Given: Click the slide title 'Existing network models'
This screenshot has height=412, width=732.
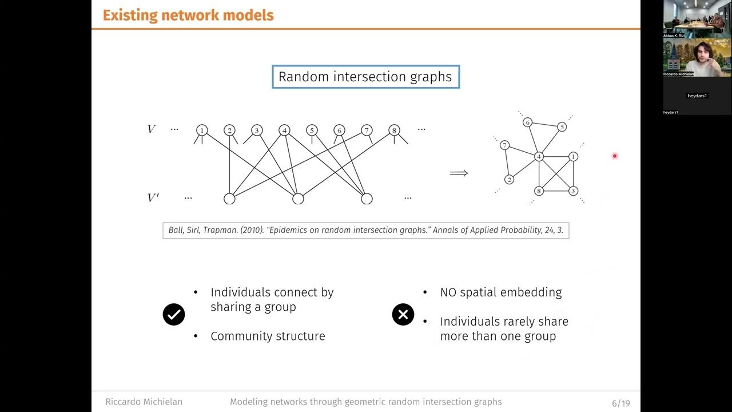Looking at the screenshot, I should tap(188, 15).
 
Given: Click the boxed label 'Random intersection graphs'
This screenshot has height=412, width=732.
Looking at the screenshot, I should tap(365, 77).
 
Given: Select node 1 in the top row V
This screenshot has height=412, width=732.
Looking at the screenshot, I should tap(202, 130).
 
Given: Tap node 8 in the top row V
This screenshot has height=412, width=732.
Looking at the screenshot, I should tap(394, 130).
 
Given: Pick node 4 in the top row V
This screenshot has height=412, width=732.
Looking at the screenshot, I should tap(284, 130).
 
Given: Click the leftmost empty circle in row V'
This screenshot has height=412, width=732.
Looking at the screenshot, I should tap(229, 199).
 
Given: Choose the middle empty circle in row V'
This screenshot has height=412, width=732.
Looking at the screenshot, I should tap(298, 199).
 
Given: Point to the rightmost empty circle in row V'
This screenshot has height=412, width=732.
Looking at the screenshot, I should tap(367, 199).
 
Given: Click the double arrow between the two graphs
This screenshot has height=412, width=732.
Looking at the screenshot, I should tap(459, 173).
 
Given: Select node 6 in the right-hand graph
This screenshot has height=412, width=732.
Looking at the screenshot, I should tap(528, 122).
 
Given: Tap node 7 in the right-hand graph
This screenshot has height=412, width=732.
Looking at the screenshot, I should tap(504, 145).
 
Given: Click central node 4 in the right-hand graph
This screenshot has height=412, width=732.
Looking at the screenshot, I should tap(539, 156).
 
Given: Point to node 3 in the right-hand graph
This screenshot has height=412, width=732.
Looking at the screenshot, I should tap(573, 191).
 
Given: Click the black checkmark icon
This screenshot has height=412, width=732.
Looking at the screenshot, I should tap(174, 314).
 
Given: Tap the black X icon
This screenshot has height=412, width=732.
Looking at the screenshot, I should tap(403, 314).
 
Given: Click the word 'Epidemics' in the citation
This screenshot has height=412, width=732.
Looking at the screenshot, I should tap(289, 231).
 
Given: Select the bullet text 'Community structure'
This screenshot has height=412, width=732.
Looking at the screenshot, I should tap(268, 336).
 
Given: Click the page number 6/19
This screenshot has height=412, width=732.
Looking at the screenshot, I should tap(620, 403).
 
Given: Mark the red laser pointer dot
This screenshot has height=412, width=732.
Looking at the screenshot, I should tap(615, 156).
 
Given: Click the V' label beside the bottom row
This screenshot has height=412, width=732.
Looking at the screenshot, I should tap(153, 198).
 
